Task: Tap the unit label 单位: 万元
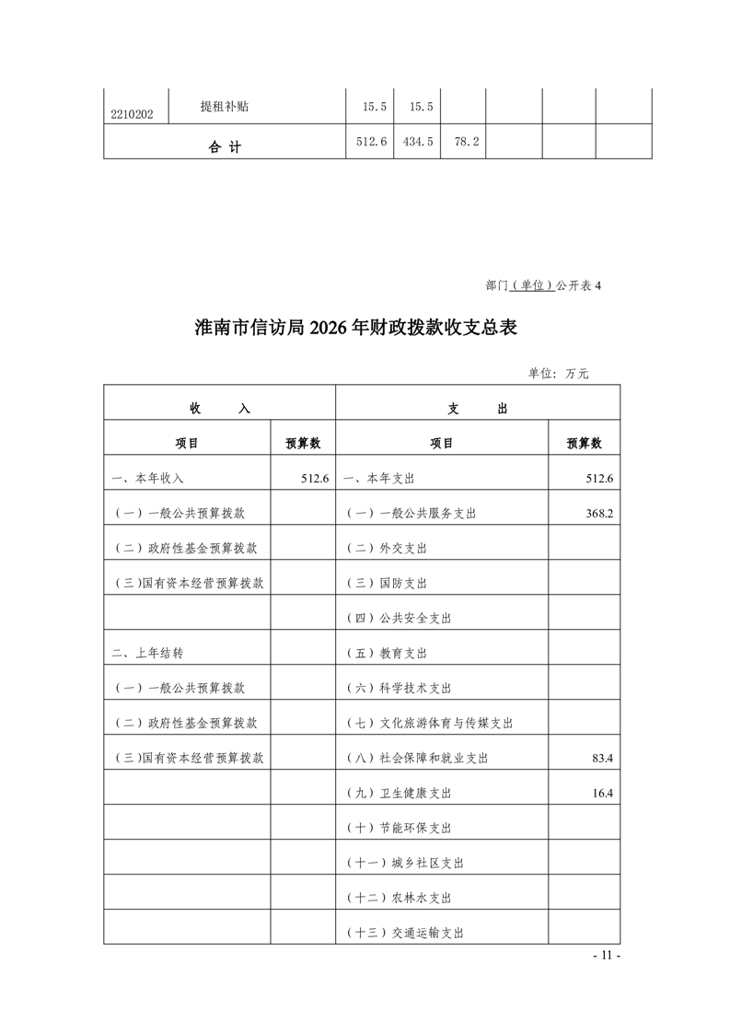(558, 373)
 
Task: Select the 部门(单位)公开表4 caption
(542, 285)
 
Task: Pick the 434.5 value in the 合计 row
(418, 142)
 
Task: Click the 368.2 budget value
(598, 513)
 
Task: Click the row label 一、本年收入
(147, 479)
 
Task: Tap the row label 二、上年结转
(147, 653)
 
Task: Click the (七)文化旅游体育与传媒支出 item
(429, 723)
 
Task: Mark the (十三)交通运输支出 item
(404, 932)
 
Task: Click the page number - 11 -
(607, 956)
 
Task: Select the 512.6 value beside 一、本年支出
(598, 478)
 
